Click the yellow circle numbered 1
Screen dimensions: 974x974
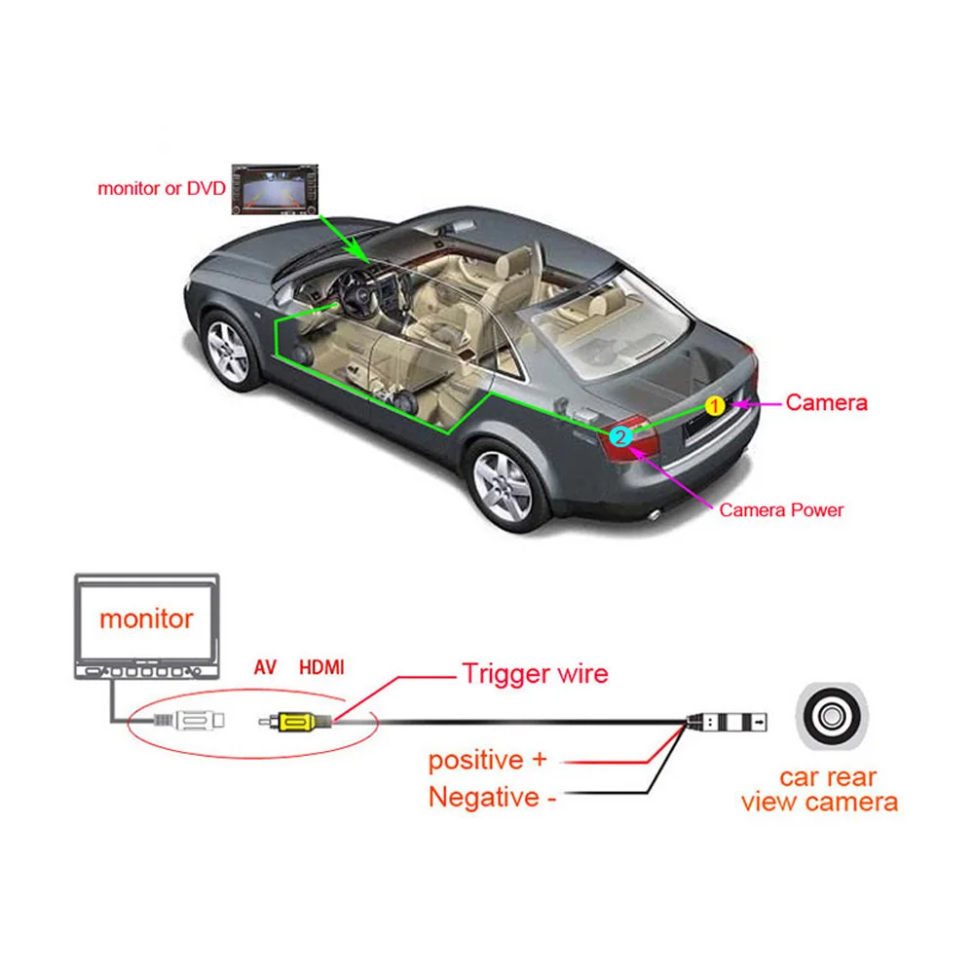[x=715, y=405]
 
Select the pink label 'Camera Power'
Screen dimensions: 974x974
[x=781, y=509]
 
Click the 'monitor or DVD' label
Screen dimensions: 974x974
[x=161, y=188]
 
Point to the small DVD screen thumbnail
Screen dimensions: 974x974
[x=276, y=189]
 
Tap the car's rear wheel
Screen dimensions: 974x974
[x=503, y=484]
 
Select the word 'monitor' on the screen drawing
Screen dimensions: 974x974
[x=146, y=618]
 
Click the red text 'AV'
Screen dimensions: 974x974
[x=265, y=668]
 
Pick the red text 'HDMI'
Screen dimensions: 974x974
[x=321, y=668]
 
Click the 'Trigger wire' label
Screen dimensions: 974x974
[x=535, y=673]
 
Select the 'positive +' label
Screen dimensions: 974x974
[x=488, y=760]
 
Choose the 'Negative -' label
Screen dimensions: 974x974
[x=492, y=798]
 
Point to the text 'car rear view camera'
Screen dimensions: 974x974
[x=820, y=790]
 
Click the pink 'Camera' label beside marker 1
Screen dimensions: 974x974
[x=826, y=402]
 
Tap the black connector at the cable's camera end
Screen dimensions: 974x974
[x=726, y=722]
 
